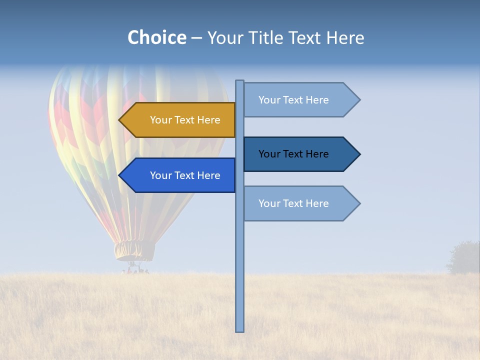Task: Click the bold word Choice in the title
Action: click(x=156, y=37)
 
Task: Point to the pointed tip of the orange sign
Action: click(x=120, y=120)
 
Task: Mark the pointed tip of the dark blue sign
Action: click(x=359, y=154)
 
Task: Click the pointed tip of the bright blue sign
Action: click(x=120, y=175)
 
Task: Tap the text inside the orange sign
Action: click(x=185, y=120)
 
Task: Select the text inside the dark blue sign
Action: click(x=293, y=154)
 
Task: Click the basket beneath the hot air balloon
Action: click(x=135, y=269)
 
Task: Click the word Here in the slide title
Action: click(x=345, y=37)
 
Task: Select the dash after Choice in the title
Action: click(x=196, y=38)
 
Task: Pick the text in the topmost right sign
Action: click(x=293, y=100)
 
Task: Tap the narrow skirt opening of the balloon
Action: click(x=134, y=250)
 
